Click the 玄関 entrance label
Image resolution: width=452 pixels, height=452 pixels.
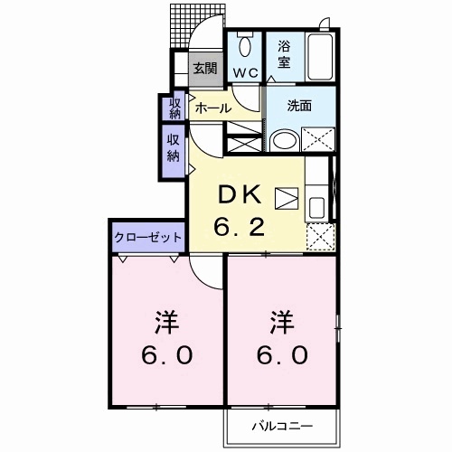coord(205,67)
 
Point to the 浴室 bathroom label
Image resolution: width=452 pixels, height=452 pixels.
coord(283,53)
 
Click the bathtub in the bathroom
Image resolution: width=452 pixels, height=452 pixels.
coord(320,54)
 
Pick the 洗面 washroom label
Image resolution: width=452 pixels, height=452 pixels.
coord(299,105)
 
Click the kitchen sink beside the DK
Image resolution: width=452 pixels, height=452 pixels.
coord(317,206)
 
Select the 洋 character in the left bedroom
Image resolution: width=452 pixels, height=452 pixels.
coord(165,322)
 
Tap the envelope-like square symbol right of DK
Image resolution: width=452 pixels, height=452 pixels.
coord(286,198)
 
